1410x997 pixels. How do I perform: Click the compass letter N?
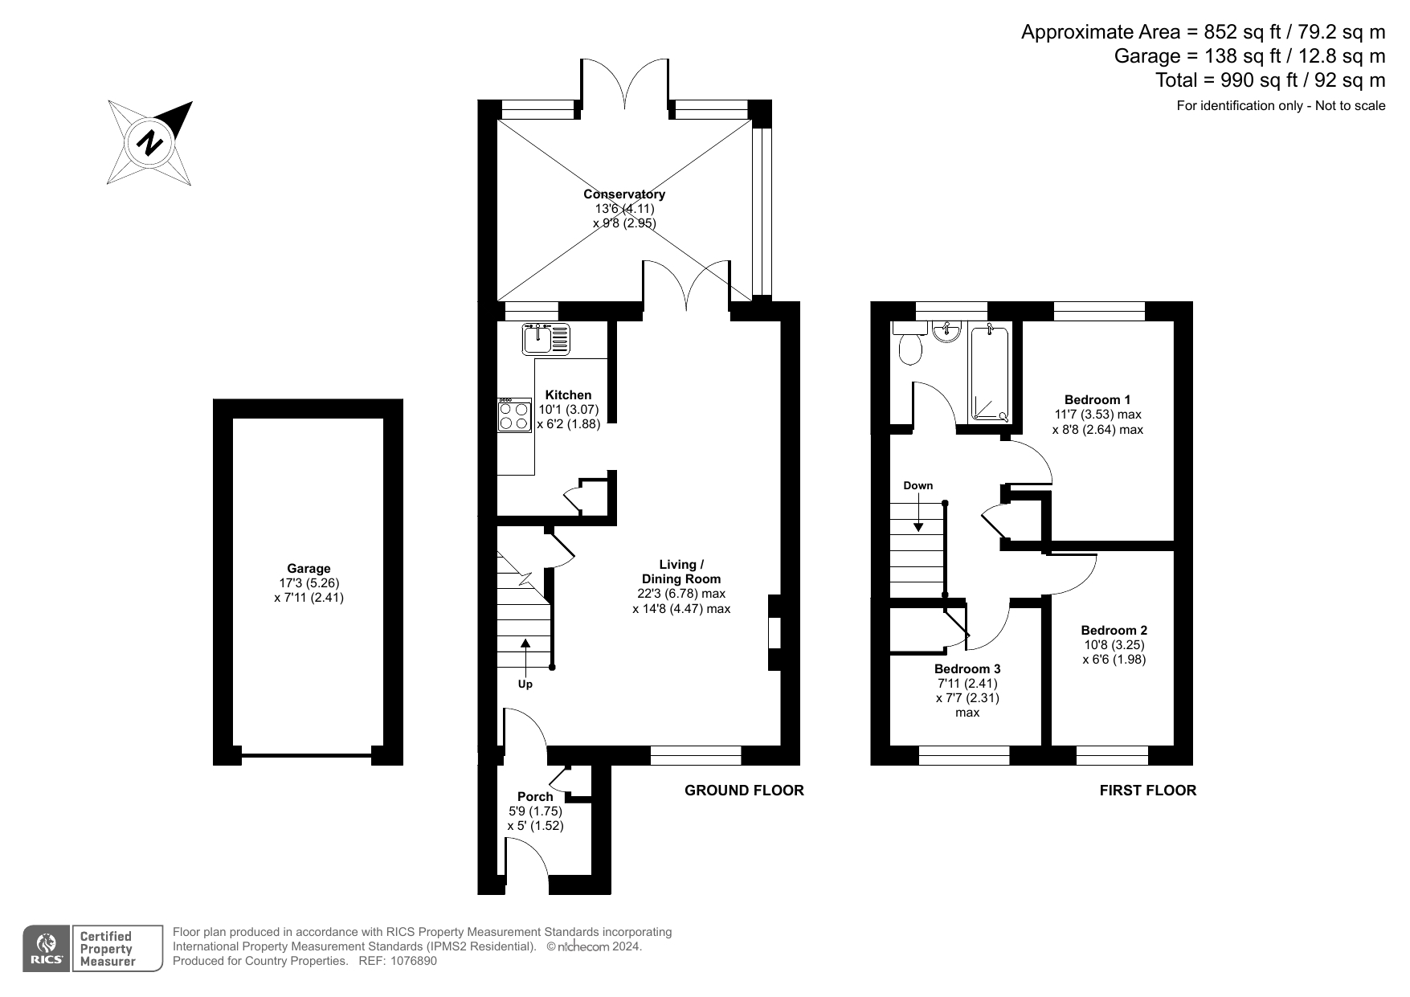[149, 144]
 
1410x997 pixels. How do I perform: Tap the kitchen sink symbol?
[546, 338]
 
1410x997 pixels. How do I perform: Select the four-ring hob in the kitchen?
[514, 415]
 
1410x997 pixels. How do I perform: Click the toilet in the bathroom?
[910, 346]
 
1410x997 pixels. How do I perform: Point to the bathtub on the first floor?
[990, 374]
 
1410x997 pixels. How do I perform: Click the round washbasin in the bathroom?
[949, 330]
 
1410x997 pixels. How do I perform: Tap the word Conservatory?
[623, 194]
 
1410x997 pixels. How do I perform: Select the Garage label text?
[309, 569]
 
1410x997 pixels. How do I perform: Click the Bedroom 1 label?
[1097, 399]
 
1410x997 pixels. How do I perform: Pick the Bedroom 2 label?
[1114, 630]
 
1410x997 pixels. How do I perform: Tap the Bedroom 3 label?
[967, 668]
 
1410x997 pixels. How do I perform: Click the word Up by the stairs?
[525, 684]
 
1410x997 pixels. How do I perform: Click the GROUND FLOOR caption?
[743, 791]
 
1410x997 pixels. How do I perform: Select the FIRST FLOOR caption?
[1147, 791]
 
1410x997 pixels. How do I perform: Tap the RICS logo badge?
[45, 948]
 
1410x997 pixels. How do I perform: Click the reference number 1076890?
[415, 961]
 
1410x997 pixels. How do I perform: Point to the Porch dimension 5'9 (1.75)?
[535, 811]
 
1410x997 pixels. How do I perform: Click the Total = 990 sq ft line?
[1269, 80]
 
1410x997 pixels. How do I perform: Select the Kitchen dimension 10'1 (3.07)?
[568, 409]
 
